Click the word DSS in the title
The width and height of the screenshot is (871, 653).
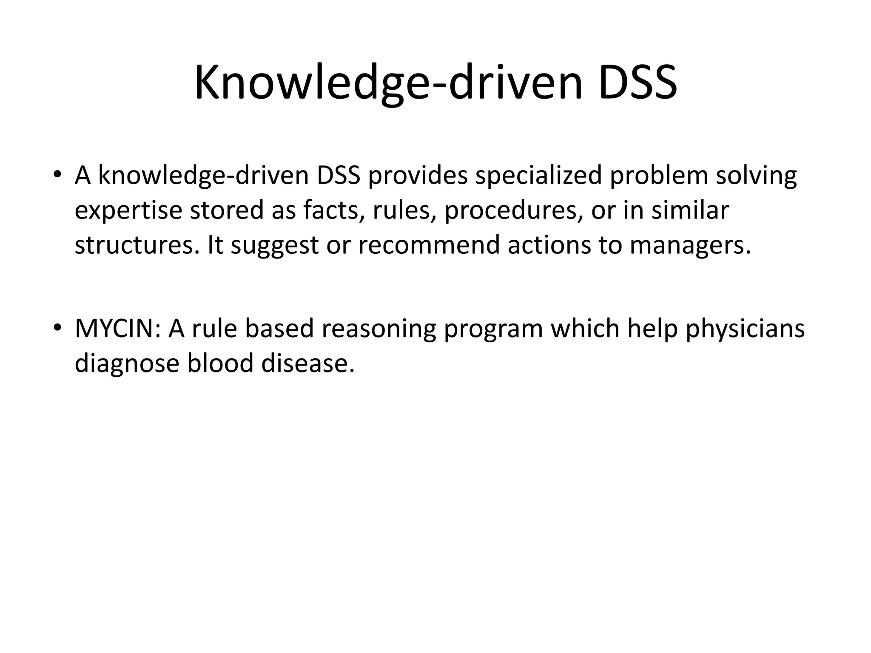pos(637,82)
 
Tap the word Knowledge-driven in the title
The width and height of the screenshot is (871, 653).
pos(388,82)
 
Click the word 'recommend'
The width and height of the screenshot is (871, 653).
pos(429,245)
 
